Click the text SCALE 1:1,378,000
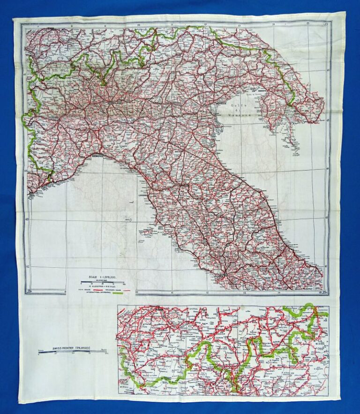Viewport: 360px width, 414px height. pyautogui.click(x=102, y=276)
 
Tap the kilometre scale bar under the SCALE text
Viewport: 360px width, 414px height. pyautogui.click(x=102, y=282)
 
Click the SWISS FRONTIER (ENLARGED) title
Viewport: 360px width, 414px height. pyautogui.click(x=72, y=348)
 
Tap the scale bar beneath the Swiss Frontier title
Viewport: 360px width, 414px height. pyautogui.click(x=73, y=353)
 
